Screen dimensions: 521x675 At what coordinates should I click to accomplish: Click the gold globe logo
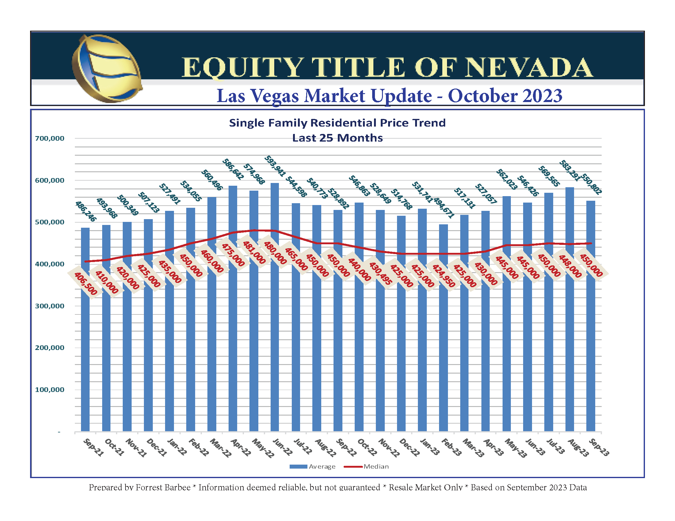coord(107,69)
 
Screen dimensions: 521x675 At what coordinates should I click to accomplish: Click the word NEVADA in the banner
coord(529,68)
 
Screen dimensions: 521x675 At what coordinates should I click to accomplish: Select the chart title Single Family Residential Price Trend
coord(337,123)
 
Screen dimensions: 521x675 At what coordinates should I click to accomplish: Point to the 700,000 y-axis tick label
coord(49,138)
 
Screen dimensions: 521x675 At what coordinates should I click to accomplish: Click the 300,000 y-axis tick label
coord(49,306)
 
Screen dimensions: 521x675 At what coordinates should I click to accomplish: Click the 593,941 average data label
coord(275,166)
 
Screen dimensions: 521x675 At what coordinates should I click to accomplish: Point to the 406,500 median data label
coord(86,283)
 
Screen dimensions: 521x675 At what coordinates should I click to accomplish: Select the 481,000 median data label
coord(254,253)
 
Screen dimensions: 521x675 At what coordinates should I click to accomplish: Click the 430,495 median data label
coord(380,273)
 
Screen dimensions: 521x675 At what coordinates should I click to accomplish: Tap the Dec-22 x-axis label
coord(409,447)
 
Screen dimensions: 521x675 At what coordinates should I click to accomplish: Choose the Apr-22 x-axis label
coord(241,447)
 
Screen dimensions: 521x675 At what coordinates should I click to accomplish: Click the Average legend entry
coord(312,466)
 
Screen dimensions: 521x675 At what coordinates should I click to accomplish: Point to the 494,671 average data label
coord(444,208)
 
